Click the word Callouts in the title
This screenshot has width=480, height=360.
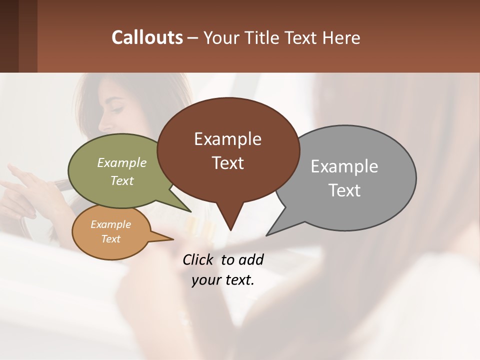click(x=147, y=37)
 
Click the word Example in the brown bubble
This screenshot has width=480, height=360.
click(x=227, y=139)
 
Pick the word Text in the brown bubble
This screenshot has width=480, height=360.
click(x=228, y=163)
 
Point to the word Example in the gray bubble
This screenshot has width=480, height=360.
click(x=344, y=166)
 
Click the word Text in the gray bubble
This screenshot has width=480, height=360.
click(x=344, y=190)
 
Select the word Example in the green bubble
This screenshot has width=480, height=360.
click(x=122, y=163)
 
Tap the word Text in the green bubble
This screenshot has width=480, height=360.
click(x=122, y=180)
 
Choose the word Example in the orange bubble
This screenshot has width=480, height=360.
click(x=110, y=224)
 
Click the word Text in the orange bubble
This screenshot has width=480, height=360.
click(x=110, y=239)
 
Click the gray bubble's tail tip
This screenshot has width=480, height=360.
click(x=267, y=234)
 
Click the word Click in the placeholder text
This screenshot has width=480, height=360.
click(x=199, y=259)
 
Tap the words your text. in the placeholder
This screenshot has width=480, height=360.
click(x=223, y=280)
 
